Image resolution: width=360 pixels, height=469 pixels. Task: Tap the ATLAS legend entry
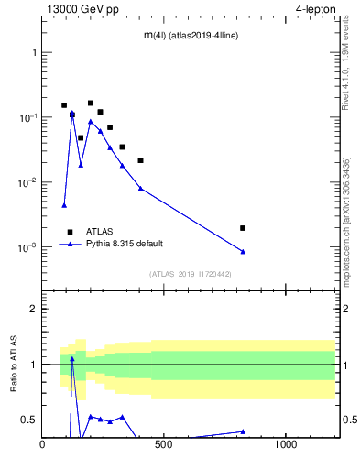[x=99, y=232]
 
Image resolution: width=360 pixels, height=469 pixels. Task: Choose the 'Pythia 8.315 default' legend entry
[x=127, y=245]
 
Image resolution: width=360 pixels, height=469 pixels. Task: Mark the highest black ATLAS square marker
[x=91, y=104]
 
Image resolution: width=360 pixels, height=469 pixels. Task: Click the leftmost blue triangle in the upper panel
[x=64, y=205]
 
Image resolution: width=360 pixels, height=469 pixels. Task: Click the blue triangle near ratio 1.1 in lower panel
[x=72, y=359]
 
